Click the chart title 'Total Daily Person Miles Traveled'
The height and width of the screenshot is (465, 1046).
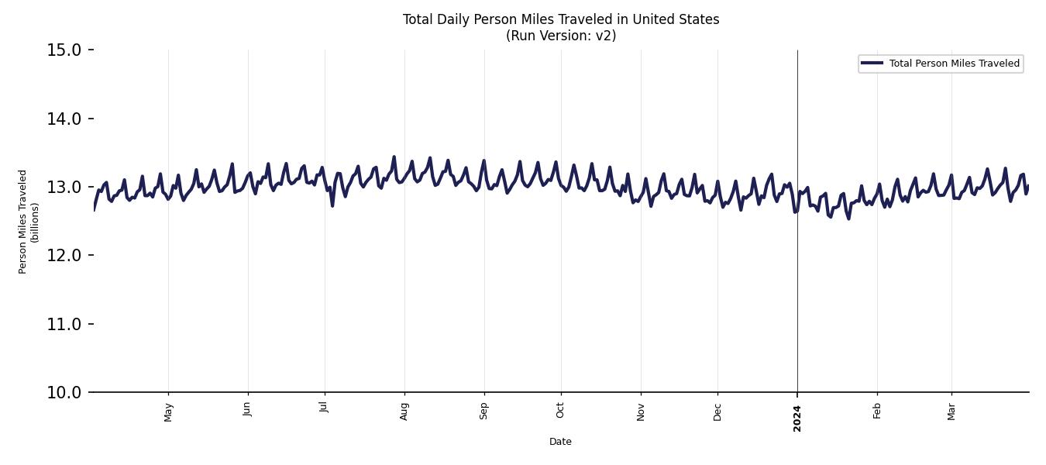561,19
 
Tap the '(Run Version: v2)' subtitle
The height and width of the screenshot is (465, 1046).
561,36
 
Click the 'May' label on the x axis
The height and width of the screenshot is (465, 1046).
169,412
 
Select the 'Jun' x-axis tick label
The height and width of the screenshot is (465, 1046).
247,409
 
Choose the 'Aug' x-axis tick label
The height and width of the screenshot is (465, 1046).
404,411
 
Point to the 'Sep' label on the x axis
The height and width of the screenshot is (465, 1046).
484,411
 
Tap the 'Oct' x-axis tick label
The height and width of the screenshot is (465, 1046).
560,410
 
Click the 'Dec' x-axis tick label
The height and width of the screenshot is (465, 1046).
717,411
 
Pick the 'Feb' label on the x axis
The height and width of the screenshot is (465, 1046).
877,411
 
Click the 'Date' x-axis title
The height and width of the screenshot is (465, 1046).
560,442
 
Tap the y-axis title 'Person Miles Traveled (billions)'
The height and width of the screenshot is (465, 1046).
29,222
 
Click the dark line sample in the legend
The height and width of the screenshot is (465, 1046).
872,64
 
